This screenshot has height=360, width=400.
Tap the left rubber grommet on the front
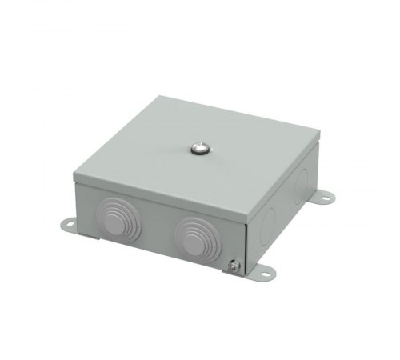point(120,214)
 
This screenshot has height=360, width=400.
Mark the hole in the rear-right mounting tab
point(327,196)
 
